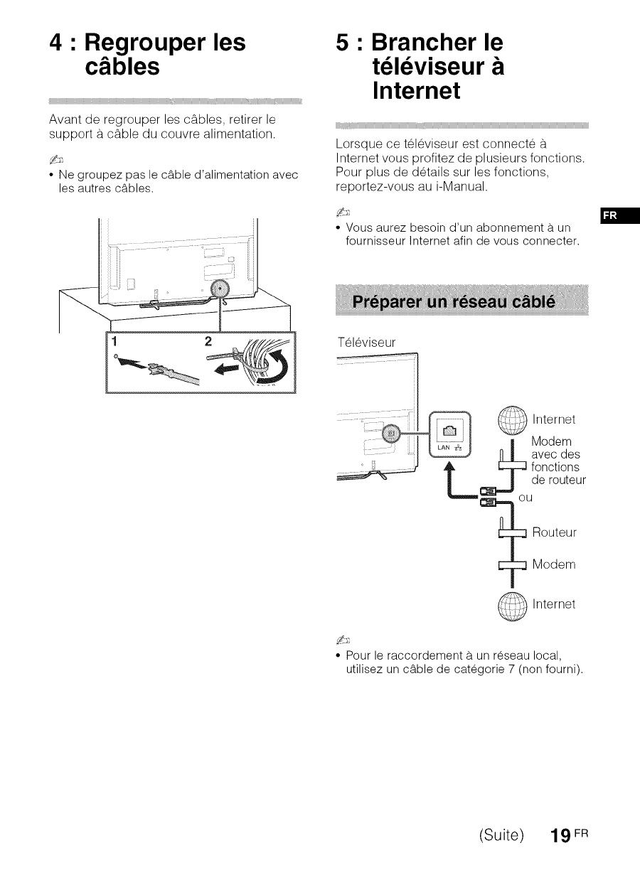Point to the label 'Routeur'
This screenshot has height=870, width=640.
[554, 532]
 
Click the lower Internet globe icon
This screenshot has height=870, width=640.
[511, 606]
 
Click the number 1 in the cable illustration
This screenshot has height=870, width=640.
[112, 342]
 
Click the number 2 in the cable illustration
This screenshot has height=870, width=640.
[208, 342]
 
